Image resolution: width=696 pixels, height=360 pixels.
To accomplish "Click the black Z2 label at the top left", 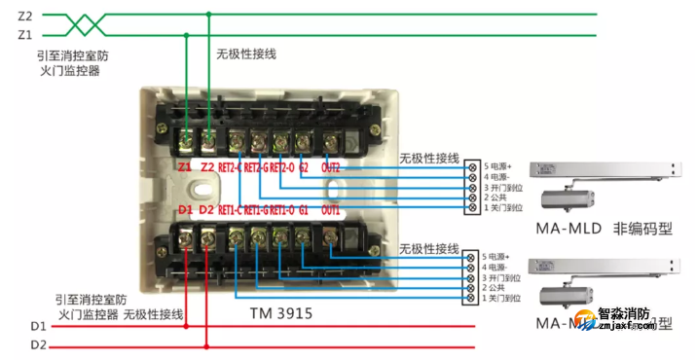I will [24, 17].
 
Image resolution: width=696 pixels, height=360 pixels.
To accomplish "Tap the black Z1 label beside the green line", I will [24, 35].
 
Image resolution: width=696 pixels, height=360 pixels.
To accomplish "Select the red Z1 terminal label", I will [185, 167].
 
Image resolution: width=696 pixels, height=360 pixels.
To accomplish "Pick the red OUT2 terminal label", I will [330, 167].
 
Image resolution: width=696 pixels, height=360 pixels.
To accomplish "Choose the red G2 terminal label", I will [303, 167].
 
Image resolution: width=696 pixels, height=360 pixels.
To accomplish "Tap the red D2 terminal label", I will [205, 210].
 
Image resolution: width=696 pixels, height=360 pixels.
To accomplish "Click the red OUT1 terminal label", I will [330, 210].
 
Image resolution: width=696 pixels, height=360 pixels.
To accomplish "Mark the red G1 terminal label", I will [303, 210].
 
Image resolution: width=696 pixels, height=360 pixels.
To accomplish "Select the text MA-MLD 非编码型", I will [603, 230].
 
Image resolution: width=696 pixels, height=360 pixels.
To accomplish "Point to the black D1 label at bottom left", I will [37, 325].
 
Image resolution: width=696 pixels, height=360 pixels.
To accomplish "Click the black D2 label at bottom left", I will [37, 344].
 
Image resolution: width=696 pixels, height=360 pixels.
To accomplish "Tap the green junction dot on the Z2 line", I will [208, 15].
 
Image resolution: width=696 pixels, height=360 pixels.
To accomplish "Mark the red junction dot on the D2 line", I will [206, 344].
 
